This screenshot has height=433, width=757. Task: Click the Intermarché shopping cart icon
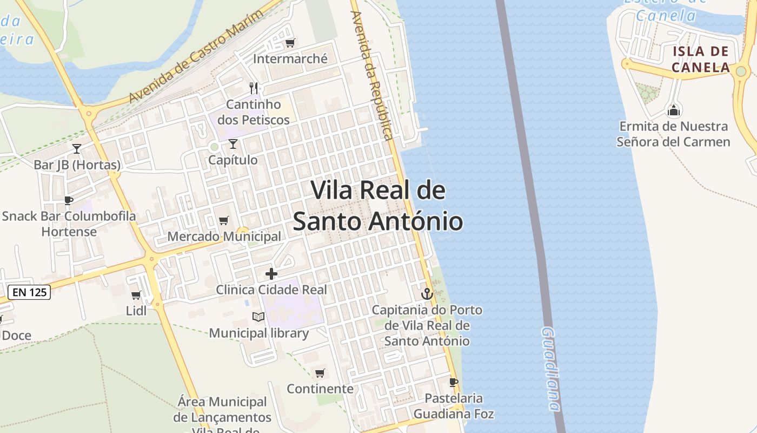[x=290, y=43]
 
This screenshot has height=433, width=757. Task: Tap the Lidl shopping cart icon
[x=136, y=295]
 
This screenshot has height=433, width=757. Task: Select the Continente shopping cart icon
[x=320, y=373]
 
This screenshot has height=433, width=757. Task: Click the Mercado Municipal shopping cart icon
[x=223, y=220]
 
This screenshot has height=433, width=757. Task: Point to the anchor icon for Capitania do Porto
[x=427, y=294]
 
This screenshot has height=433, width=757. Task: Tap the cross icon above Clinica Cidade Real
[x=271, y=274]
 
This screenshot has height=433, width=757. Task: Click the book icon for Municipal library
[x=258, y=317]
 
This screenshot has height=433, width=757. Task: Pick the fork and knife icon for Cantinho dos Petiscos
[x=254, y=88]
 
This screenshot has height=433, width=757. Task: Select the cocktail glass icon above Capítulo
[x=233, y=143]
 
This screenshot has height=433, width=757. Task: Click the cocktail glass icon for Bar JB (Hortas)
[x=77, y=148]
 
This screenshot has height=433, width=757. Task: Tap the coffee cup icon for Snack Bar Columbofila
[x=69, y=200]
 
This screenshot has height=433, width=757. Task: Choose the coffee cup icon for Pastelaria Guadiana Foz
[x=454, y=383]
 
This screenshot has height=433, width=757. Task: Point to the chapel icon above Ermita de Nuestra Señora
[x=674, y=110]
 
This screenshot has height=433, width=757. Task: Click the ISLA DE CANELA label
[x=700, y=60]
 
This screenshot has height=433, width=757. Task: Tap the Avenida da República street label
[x=371, y=76]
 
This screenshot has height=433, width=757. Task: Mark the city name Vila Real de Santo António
[x=378, y=206]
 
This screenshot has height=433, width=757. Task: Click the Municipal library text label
[x=259, y=333]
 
